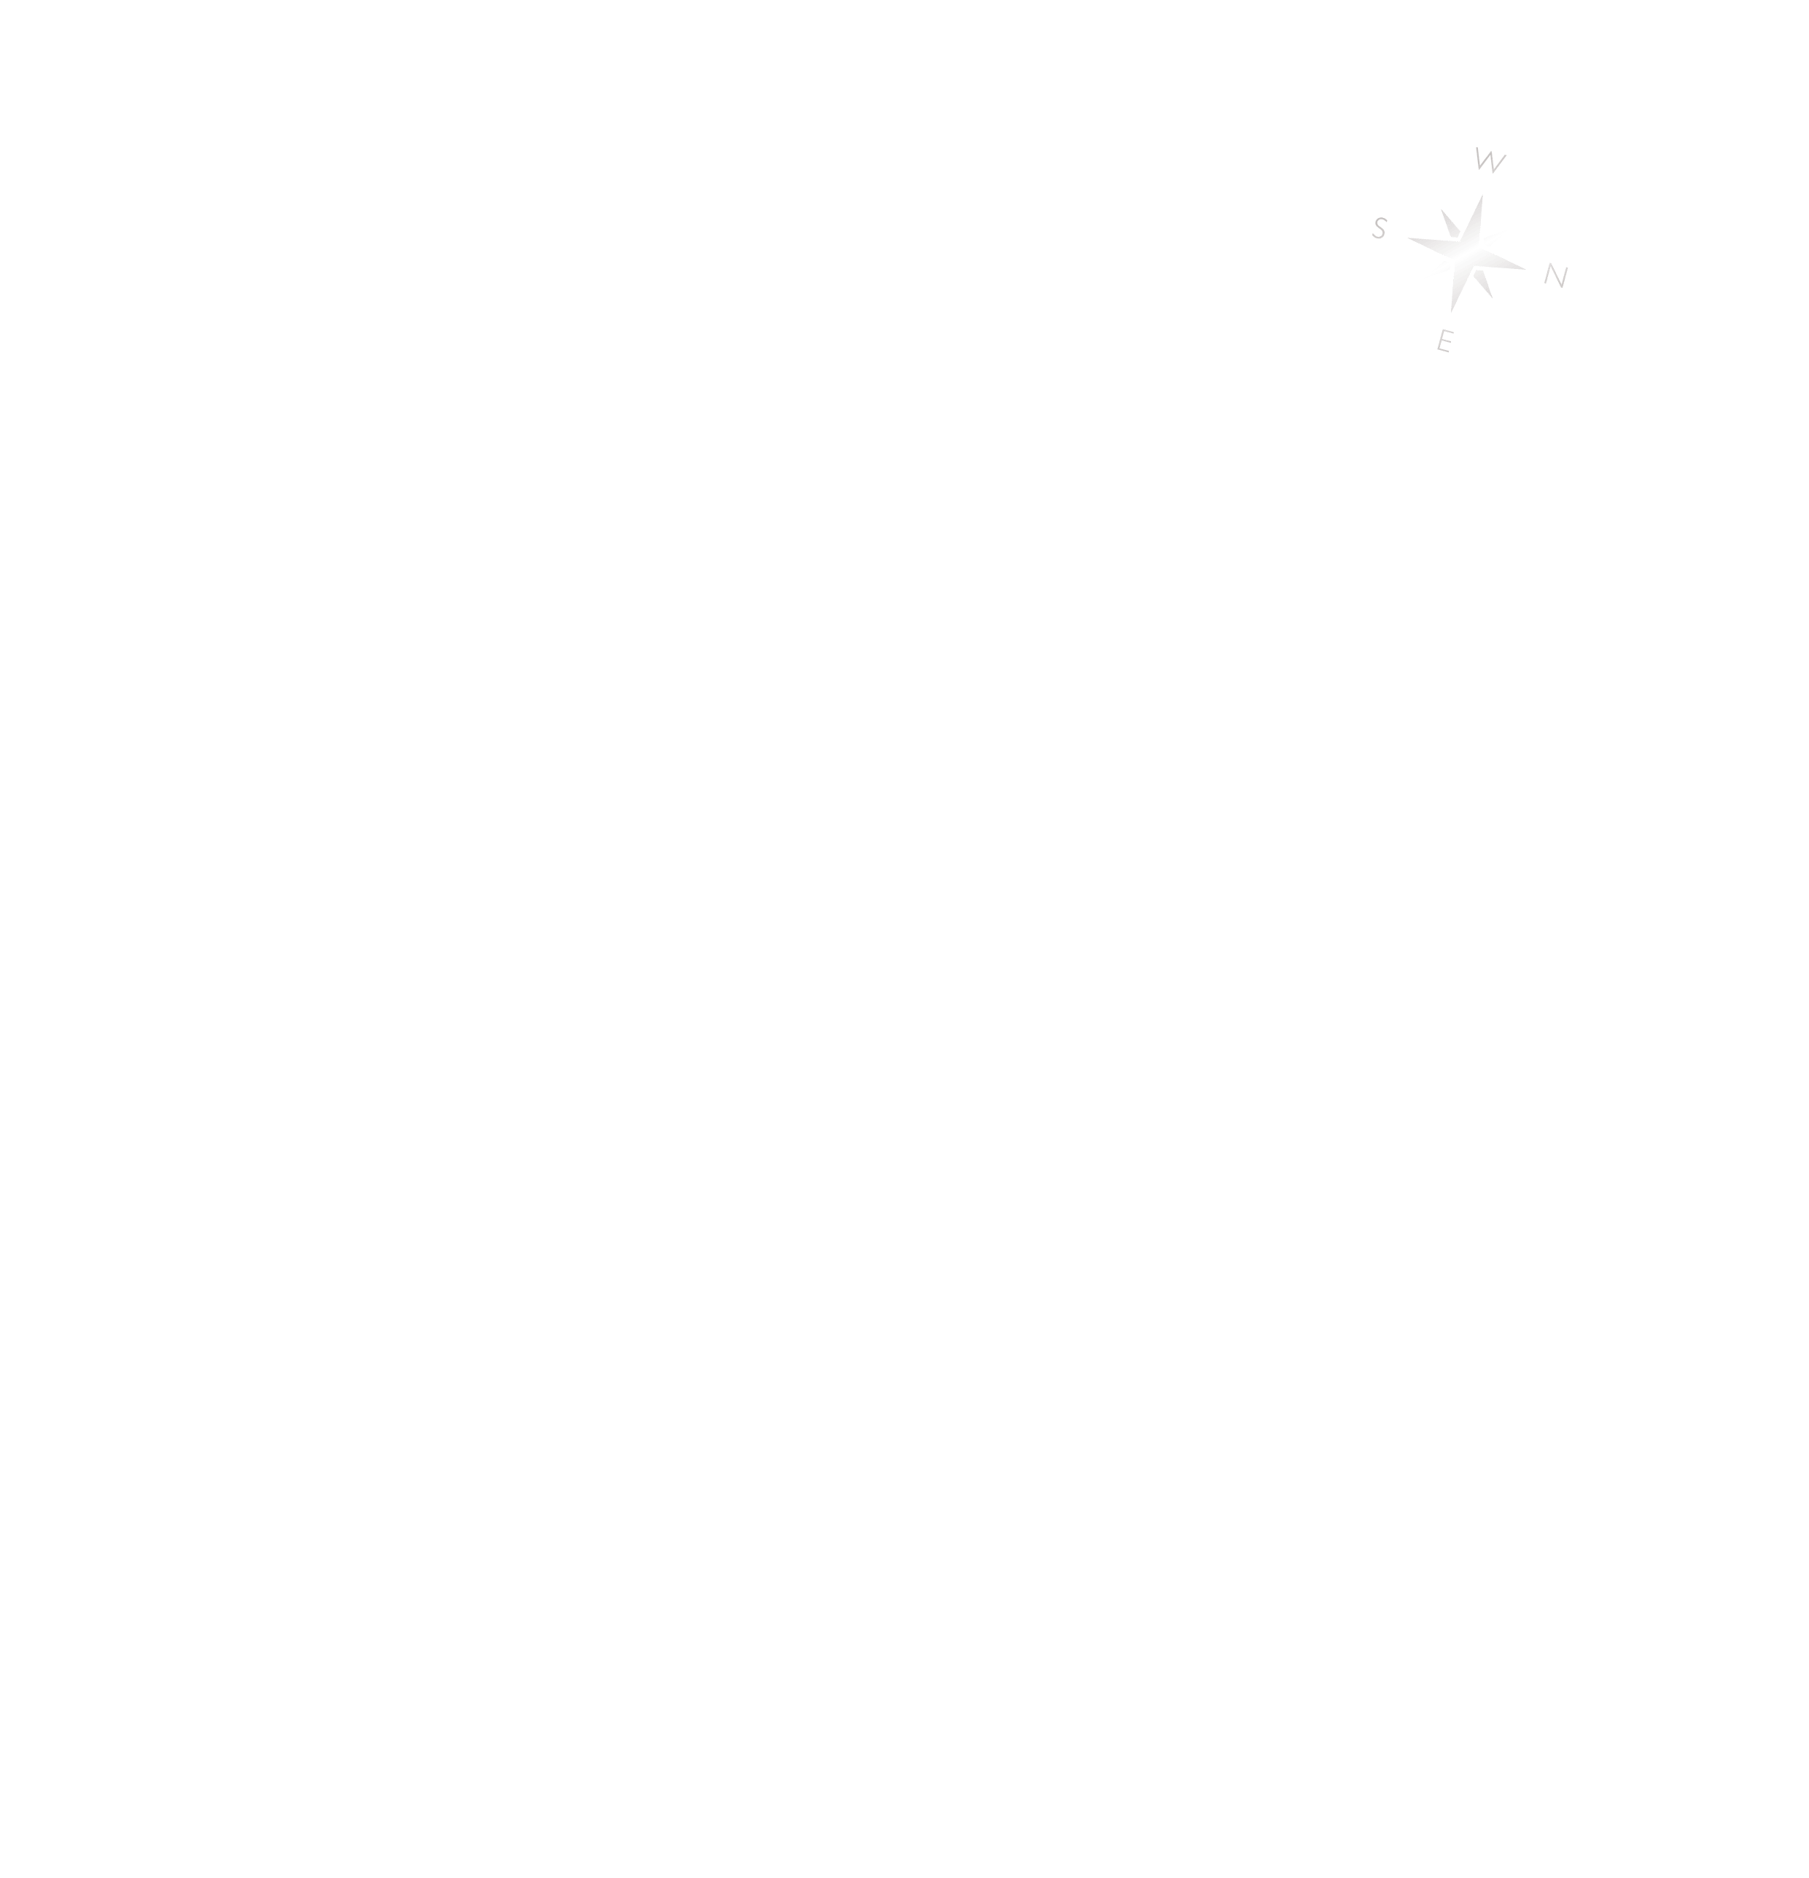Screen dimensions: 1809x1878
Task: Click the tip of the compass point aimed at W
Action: [1482, 195]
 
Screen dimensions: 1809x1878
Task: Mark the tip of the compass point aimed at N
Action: [1525, 269]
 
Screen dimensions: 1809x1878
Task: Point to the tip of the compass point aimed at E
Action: [1452, 312]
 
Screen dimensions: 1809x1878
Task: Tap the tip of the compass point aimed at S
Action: [1407, 238]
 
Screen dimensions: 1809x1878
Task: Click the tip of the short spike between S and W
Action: [1441, 209]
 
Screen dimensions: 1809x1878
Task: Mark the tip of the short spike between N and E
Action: [1493, 298]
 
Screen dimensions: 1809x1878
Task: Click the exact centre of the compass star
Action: [1467, 254]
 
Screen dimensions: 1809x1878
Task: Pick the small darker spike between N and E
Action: [1483, 284]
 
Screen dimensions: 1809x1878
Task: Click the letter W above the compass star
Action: [1490, 160]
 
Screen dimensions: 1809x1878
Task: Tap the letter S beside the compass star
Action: [1380, 228]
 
